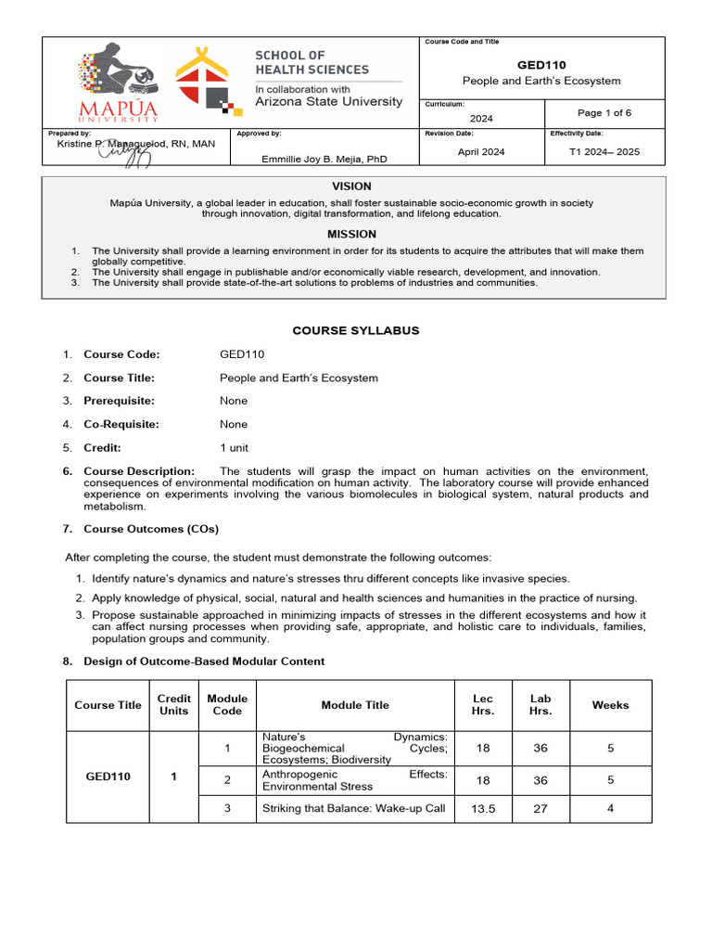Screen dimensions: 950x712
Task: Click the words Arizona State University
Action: [x=328, y=102]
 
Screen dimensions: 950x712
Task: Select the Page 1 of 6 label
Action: [x=604, y=113]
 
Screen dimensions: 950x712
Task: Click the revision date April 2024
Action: [x=481, y=152]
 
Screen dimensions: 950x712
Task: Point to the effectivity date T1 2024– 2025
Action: [x=604, y=152]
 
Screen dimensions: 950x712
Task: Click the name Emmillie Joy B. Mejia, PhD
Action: [x=324, y=159]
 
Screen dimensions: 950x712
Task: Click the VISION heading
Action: [x=351, y=186]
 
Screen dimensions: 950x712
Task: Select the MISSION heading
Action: [x=351, y=235]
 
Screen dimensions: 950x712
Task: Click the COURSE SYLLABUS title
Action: [x=356, y=330]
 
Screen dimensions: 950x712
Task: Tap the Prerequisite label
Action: [x=119, y=401]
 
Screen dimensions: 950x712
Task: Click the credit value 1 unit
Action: [x=234, y=447]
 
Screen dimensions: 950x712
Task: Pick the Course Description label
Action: [x=139, y=471]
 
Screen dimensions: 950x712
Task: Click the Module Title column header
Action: [x=355, y=705]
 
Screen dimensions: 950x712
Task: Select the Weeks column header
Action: [x=610, y=705]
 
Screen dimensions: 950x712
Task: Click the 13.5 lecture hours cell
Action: [x=483, y=809]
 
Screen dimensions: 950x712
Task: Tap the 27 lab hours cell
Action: [x=540, y=809]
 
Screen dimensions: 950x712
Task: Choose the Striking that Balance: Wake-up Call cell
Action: [x=354, y=808]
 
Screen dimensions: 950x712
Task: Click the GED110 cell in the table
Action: [x=108, y=777]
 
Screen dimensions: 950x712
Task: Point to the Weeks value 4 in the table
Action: [x=610, y=808]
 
